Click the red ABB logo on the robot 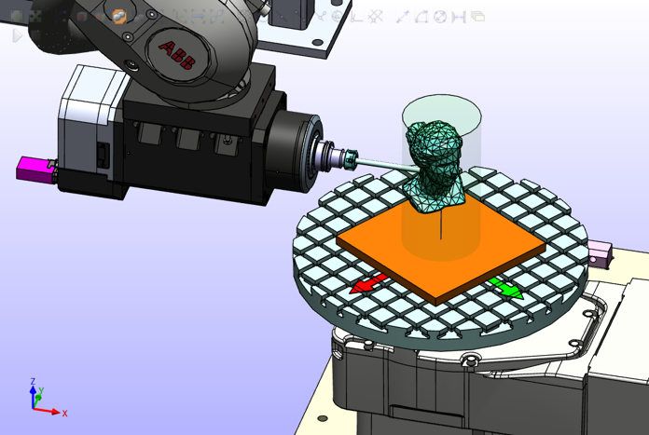pyautogui.click(x=177, y=55)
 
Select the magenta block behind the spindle pyautogui.click(x=35, y=170)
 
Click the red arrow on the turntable pyautogui.click(x=369, y=284)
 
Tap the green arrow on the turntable pyautogui.click(x=505, y=288)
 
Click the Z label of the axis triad pyautogui.click(x=33, y=381)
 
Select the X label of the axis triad pyautogui.click(x=64, y=413)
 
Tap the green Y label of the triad pyautogui.click(x=41, y=390)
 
